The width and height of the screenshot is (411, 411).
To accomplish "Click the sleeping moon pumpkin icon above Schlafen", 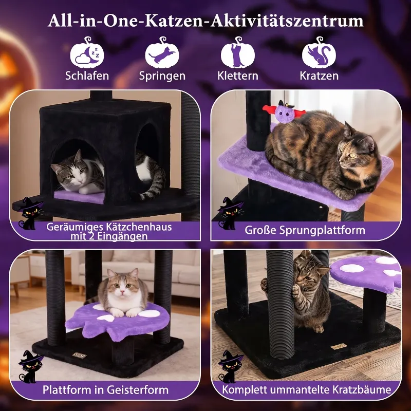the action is tap(87, 53).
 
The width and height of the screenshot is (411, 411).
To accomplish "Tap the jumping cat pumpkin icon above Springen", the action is tap(162, 53).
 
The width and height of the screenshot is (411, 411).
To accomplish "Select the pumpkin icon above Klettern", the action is tap(237, 53).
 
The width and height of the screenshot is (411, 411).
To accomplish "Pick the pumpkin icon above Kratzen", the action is tap(319, 53).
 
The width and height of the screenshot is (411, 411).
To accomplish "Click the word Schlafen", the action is tap(87, 76).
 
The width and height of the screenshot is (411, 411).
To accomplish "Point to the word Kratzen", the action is tap(319, 76).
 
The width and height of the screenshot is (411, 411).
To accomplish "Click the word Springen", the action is tap(162, 76).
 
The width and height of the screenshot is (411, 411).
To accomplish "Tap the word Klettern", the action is tap(238, 76).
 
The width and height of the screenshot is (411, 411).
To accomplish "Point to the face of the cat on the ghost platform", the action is tap(122, 286).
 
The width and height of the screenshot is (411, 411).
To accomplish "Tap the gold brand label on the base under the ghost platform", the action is tap(80, 356).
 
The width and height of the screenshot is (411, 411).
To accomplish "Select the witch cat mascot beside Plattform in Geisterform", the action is tap(30, 366).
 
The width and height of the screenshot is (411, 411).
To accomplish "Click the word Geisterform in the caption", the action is tap(138, 390).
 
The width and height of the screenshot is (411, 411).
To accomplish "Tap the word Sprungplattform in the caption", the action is tap(322, 230).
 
